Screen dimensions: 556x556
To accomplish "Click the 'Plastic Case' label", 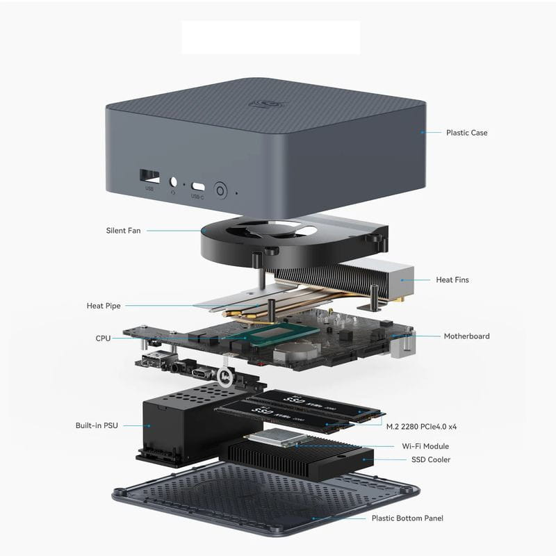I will (466, 133).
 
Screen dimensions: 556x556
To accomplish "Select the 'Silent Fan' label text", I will (123, 230).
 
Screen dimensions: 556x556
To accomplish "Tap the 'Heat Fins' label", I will (452, 280).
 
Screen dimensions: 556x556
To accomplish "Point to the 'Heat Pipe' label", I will (104, 306).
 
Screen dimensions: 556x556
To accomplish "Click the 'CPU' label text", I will (103, 338).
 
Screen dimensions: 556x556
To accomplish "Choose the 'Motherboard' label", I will (466, 336).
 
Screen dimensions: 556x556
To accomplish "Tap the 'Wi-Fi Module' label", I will (425, 446).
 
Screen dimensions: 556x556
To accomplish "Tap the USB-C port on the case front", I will (198, 186).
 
